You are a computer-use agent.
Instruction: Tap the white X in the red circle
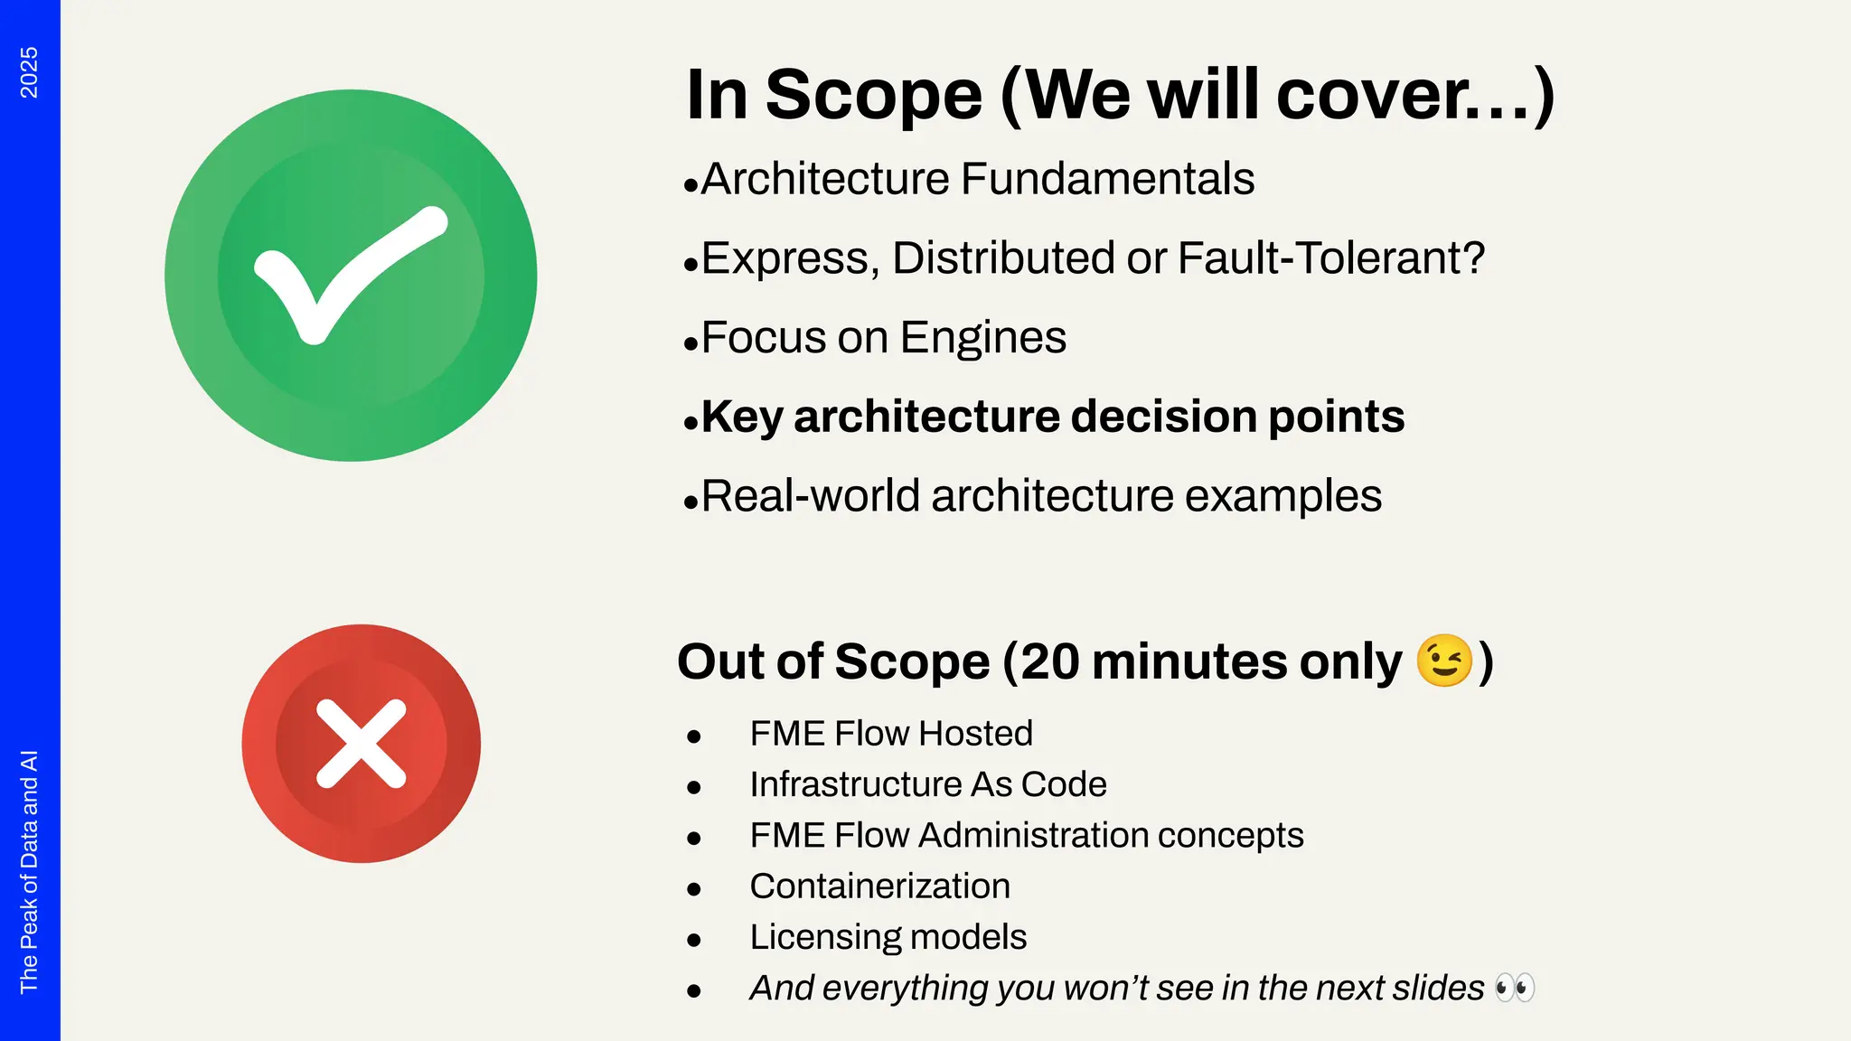pos(361,743)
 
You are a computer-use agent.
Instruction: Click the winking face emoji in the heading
pos(1443,661)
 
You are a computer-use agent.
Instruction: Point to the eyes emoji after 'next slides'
pos(1515,987)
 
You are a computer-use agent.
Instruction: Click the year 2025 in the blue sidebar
pos(29,72)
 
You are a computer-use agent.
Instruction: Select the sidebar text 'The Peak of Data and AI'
pos(29,871)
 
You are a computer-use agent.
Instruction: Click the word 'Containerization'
pos(879,886)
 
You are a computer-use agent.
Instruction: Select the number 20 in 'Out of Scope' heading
pos(1050,661)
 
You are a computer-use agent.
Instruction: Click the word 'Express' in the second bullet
pos(785,258)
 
